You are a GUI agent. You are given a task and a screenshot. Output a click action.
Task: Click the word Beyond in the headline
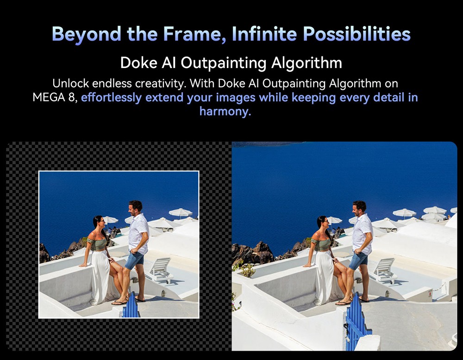pyautogui.click(x=86, y=34)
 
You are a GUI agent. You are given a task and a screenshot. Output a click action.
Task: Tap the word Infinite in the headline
pyautogui.click(x=264, y=34)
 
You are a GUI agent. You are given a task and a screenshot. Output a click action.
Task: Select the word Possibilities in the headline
pyautogui.click(x=357, y=34)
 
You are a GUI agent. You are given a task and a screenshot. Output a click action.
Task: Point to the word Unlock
pyautogui.click(x=70, y=83)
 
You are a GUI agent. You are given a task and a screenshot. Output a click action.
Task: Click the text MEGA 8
pyautogui.click(x=55, y=98)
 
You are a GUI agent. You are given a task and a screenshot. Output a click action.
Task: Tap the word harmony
pyautogui.click(x=225, y=112)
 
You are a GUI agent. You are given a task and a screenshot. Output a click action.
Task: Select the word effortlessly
pyautogui.click(x=111, y=98)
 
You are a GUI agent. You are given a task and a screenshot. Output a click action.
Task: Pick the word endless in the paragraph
pyautogui.click(x=112, y=83)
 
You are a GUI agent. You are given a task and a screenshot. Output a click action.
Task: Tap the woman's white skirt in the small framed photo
pyautogui.click(x=100, y=277)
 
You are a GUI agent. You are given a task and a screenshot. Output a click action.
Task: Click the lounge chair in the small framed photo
pyautogui.click(x=159, y=270)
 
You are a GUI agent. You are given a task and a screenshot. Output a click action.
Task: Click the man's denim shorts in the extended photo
pyautogui.click(x=358, y=261)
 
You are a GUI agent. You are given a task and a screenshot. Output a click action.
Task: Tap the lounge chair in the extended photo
pyautogui.click(x=383, y=271)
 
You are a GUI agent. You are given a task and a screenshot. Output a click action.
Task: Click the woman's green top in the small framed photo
pyautogui.click(x=97, y=244)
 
